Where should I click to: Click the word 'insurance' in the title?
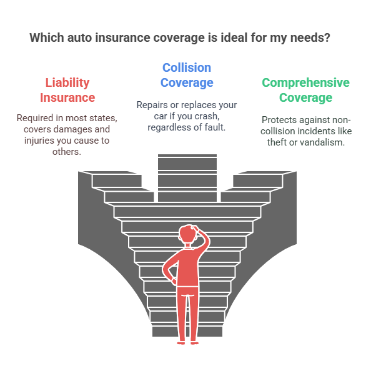[x=122, y=37]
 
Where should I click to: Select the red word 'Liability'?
[x=67, y=83]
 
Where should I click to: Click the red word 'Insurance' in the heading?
[x=67, y=97]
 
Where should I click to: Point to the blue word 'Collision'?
[x=187, y=67]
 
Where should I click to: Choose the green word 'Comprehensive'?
[x=305, y=82]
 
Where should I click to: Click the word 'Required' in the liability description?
[x=35, y=118]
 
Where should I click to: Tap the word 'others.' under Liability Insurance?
[x=67, y=152]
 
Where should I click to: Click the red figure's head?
[x=188, y=234]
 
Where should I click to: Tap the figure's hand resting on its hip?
[x=174, y=281]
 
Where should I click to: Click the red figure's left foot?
[x=181, y=343]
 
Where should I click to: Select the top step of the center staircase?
[x=187, y=156]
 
